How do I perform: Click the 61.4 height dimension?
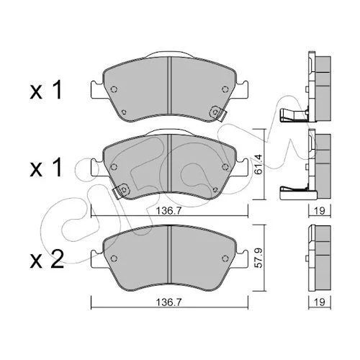click(260, 164)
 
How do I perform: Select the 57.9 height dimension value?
click(260, 258)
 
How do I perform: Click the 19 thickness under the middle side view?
click(320, 211)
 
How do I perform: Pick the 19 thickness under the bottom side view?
click(320, 302)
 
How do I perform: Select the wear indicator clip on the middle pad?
click(121, 191)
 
